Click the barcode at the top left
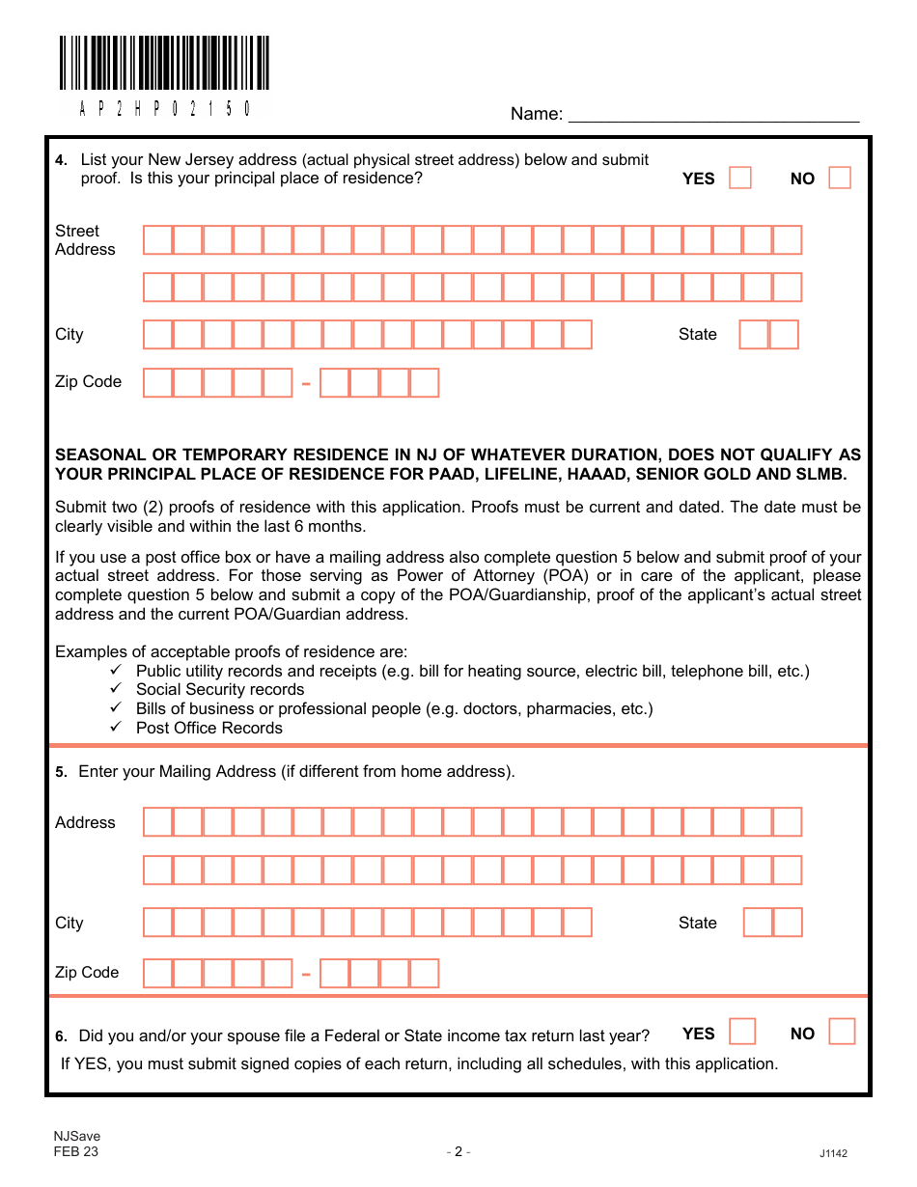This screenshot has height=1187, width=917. coord(164,64)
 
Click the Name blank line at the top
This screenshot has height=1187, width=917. coord(713,115)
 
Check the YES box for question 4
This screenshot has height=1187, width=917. coord(740,178)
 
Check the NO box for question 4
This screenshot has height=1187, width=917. coord(840,178)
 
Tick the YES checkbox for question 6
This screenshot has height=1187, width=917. coord(742,1032)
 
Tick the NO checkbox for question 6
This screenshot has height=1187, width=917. coord(842,1032)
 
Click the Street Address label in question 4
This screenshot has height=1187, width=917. coord(85,240)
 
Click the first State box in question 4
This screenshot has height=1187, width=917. coord(754,334)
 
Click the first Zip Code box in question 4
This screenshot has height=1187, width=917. coord(158,383)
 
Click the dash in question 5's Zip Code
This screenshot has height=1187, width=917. coord(306,974)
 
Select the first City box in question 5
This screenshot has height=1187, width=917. coord(158,923)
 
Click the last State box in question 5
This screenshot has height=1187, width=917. coord(788,923)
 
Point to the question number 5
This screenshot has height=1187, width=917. coord(61,772)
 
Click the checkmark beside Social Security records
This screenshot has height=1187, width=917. coord(116,689)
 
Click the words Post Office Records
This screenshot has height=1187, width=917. coord(209,728)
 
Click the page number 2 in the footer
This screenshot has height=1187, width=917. coord(458,1151)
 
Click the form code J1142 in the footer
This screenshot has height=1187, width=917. coord(833,1153)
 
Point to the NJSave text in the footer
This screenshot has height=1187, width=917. coord(77,1137)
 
